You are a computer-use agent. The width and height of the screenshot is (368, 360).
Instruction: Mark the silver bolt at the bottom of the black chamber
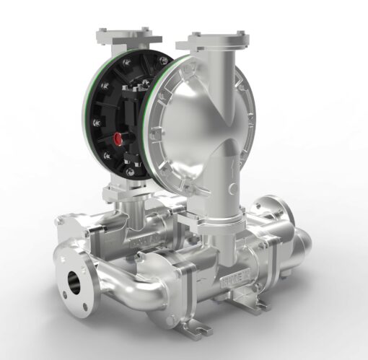[127, 172]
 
